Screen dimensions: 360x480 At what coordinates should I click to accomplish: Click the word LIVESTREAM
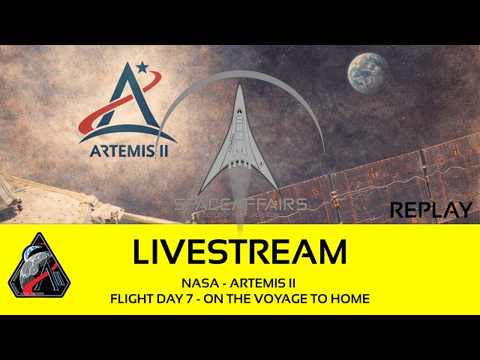pyautogui.click(x=239, y=253)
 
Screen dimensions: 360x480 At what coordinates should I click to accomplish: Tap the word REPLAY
pyautogui.click(x=431, y=210)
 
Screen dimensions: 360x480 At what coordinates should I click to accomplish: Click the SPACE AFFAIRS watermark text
pyautogui.click(x=240, y=205)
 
